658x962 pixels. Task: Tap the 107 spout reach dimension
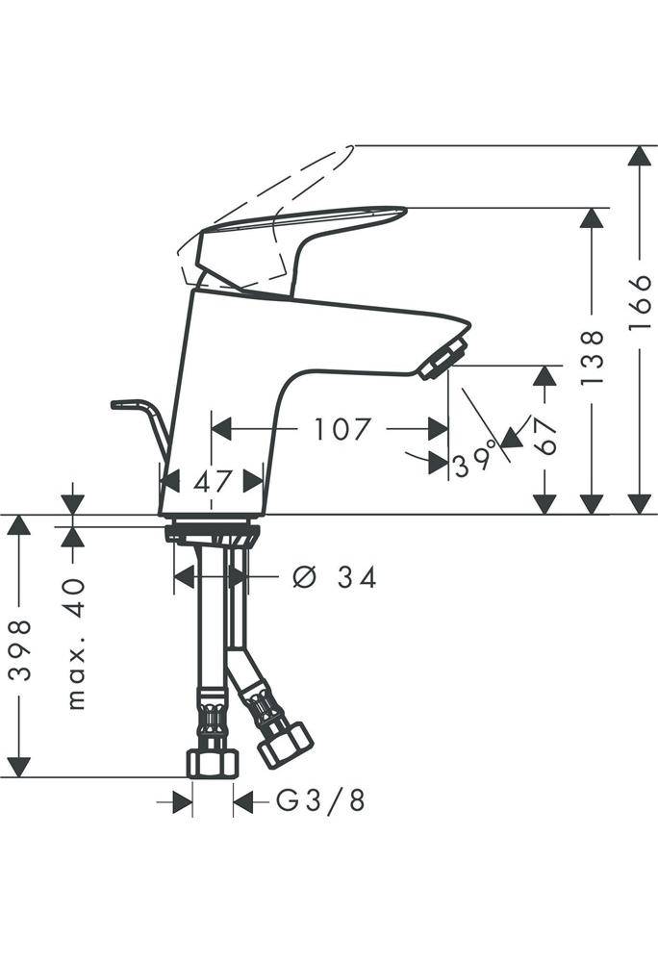[x=342, y=429]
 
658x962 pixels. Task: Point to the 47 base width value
[x=213, y=481]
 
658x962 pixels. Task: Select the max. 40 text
[x=75, y=643]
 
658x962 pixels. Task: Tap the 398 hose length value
[x=20, y=650]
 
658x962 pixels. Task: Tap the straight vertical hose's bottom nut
[x=213, y=763]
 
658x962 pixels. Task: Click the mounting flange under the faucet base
[x=213, y=531]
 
